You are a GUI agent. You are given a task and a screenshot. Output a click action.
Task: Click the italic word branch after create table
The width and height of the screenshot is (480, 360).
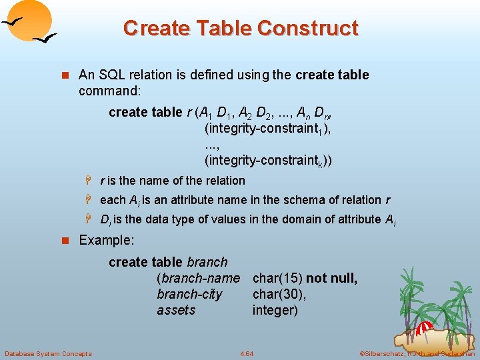tap(207, 262)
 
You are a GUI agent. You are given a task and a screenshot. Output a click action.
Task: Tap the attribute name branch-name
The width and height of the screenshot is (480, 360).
tap(198, 278)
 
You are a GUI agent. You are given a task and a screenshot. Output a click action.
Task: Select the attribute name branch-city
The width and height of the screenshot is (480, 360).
tap(189, 294)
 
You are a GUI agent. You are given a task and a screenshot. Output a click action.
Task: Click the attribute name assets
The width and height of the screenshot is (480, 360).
tap(176, 310)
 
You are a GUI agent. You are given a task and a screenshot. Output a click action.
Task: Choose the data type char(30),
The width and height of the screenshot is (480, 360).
tap(279, 294)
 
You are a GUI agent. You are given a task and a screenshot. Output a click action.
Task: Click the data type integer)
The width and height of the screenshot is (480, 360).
tap(275, 310)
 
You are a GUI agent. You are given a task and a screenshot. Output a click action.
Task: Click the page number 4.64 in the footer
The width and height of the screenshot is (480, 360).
tap(246, 353)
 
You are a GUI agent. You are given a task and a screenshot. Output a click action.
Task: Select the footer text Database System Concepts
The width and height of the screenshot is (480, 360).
tap(48, 353)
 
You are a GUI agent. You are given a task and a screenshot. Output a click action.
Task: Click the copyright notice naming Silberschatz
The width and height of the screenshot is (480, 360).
tap(417, 353)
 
